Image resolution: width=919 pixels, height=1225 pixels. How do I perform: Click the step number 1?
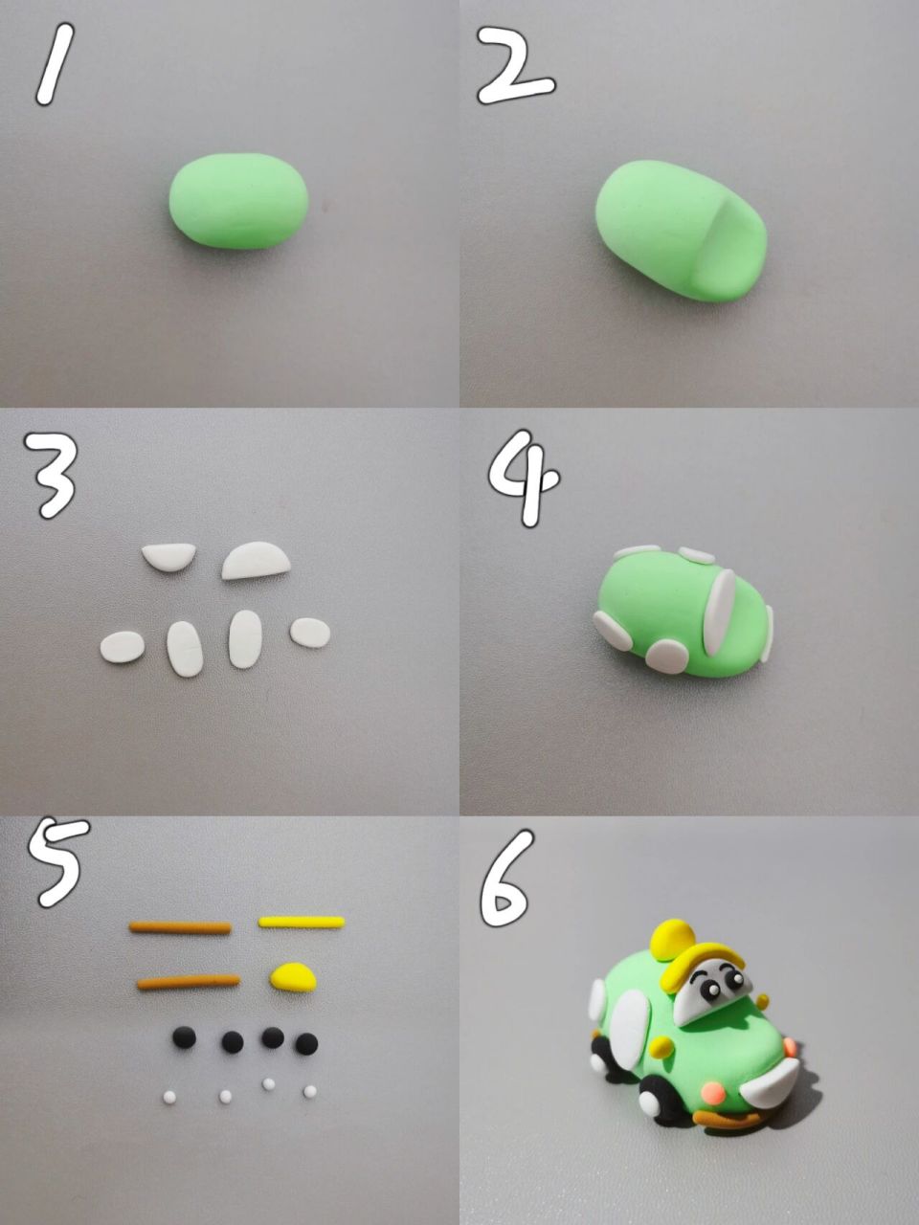tap(56, 64)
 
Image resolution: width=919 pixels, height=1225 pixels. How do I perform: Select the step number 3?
tap(50, 476)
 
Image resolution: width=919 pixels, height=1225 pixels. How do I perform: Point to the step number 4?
tap(525, 479)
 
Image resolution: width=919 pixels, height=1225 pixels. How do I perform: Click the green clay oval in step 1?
tap(238, 201)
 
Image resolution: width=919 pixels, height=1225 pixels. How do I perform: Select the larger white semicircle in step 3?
tap(257, 561)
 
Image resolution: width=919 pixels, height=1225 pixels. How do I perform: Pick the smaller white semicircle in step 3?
tap(168, 556)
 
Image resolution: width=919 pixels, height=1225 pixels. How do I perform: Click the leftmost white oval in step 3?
tap(123, 647)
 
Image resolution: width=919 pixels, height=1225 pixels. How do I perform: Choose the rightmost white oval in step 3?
tap(310, 633)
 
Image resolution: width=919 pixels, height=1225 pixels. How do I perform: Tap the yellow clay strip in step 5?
tap(302, 922)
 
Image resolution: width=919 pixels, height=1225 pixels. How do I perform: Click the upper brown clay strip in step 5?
tap(180, 927)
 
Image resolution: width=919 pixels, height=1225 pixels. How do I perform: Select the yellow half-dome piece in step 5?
tap(293, 976)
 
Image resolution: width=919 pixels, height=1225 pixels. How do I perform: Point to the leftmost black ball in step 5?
tap(184, 1037)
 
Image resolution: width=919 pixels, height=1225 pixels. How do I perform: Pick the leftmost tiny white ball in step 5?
tap(169, 1098)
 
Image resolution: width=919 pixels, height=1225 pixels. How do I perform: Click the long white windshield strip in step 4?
tap(719, 612)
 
